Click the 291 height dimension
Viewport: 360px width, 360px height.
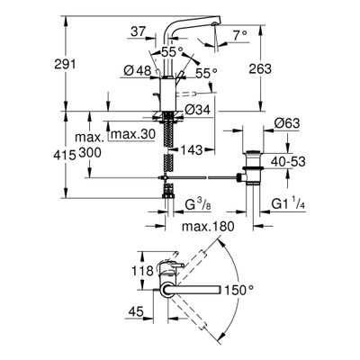(65, 64)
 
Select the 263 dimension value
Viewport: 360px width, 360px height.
(260, 68)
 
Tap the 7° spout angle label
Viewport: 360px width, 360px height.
(240, 36)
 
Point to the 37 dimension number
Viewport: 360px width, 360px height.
(138, 31)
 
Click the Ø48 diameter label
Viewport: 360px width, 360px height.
(137, 71)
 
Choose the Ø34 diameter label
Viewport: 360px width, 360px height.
(197, 110)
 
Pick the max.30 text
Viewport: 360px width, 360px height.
(133, 134)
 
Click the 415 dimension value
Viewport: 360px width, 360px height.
(65, 155)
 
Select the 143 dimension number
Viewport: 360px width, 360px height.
(192, 149)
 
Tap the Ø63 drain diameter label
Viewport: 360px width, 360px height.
(286, 123)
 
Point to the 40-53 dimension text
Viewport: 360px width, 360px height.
(288, 162)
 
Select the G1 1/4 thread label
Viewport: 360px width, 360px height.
(288, 204)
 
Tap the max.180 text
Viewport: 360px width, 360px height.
(208, 226)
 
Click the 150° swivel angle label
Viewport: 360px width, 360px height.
(239, 290)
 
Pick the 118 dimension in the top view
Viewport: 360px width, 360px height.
(142, 271)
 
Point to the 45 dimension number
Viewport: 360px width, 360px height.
(136, 312)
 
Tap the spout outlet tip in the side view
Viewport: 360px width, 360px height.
(214, 24)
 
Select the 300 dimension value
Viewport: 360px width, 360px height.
(90, 153)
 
